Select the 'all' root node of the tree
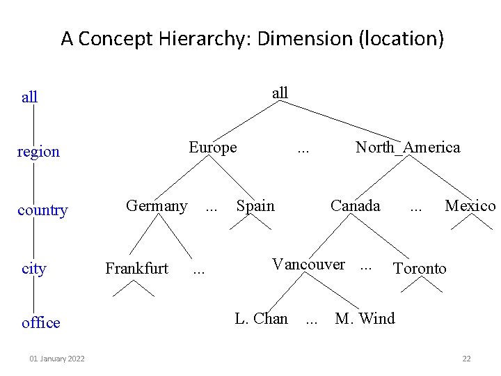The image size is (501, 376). pyautogui.click(x=280, y=93)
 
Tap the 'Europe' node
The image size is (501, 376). pyautogui.click(x=213, y=148)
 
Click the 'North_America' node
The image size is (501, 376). pyautogui.click(x=408, y=148)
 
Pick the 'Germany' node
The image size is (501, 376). pyautogui.click(x=156, y=206)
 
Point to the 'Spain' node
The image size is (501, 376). pyautogui.click(x=255, y=206)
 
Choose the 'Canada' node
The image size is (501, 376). pyautogui.click(x=356, y=206)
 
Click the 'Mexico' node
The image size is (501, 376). pyautogui.click(x=470, y=206)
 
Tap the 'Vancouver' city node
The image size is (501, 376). pyautogui.click(x=308, y=265)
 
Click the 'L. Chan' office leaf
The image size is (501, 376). pyautogui.click(x=261, y=319)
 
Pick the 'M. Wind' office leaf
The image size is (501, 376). pyautogui.click(x=365, y=319)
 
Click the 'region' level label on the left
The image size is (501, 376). pyautogui.click(x=38, y=152)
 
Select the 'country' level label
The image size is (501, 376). pyautogui.click(x=42, y=210)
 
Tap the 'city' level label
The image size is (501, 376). pyautogui.click(x=34, y=269)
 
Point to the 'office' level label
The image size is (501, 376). pyautogui.click(x=41, y=323)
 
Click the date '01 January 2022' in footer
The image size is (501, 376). pyautogui.click(x=57, y=359)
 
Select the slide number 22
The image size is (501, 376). pyautogui.click(x=466, y=359)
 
